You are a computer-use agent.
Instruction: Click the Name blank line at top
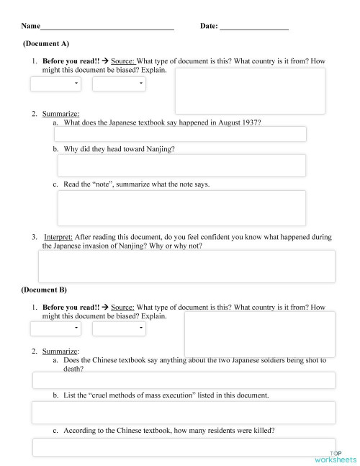pos(107,27)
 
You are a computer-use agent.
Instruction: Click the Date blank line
pos(253,27)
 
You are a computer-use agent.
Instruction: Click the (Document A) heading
pos(46,44)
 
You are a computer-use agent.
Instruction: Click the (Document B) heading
pos(44,290)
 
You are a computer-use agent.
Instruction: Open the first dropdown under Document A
pos(55,84)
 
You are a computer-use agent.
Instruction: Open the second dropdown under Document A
pos(119,84)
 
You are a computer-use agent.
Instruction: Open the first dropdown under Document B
pos(55,328)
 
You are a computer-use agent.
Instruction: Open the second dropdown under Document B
pos(119,328)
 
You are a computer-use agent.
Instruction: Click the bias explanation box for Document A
pos(249,91)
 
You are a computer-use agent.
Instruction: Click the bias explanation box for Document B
pos(259,333)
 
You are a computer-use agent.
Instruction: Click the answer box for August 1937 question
pos(181,135)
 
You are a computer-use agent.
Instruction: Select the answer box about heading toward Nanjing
pos(181,165)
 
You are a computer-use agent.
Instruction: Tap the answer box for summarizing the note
pos(181,207)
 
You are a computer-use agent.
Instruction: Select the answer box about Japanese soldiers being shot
pos(184,380)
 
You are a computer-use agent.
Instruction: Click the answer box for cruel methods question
pos(184,413)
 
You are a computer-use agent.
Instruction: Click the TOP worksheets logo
pos(335,456)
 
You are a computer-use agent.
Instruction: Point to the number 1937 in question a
pos(251,122)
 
